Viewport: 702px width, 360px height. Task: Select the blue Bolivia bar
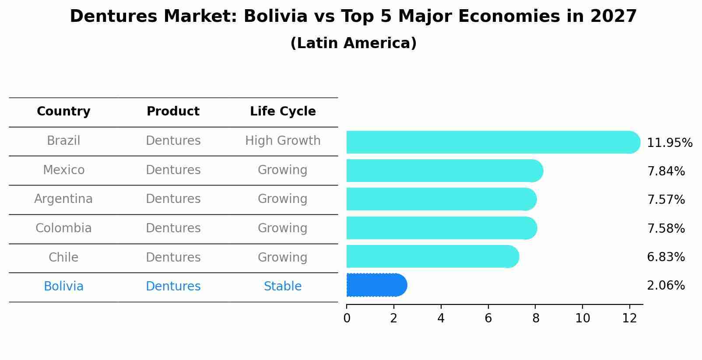tap(376, 285)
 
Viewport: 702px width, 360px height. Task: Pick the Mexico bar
tap(444, 171)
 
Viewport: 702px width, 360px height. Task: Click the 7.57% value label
tap(666, 200)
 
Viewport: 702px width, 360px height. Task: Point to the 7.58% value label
tap(666, 228)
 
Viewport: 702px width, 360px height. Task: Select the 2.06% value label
tap(666, 286)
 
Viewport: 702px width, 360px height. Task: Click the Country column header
tap(63, 112)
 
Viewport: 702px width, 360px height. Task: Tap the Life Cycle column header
tap(283, 112)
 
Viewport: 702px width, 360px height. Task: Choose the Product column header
tap(173, 112)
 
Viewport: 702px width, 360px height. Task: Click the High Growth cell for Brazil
tap(283, 141)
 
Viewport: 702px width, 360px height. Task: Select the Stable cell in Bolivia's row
tap(283, 287)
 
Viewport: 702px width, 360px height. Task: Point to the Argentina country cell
tap(63, 199)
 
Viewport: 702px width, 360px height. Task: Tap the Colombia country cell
tap(63, 228)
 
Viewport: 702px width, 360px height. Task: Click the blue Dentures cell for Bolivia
tap(173, 287)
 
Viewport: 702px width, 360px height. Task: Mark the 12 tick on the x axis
tap(629, 318)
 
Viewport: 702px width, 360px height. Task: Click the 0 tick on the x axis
tap(347, 318)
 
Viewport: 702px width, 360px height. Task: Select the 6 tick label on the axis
tap(488, 318)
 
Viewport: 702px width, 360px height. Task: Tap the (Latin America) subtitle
tap(353, 43)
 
